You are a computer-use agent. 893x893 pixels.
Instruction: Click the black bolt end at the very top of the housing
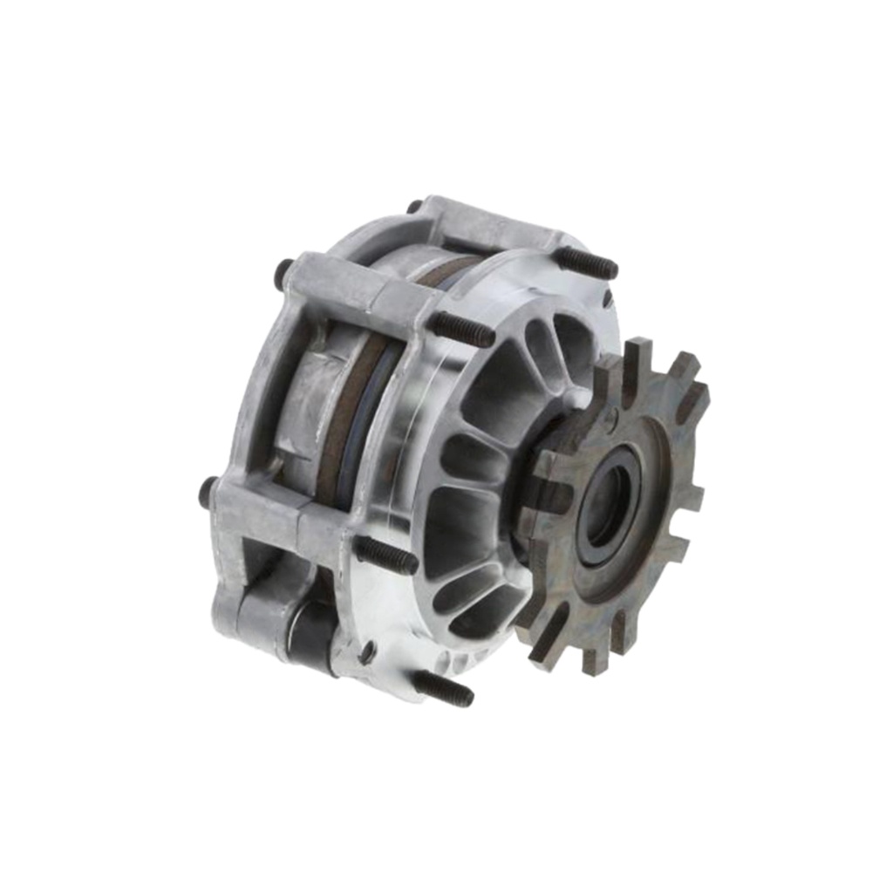pyautogui.click(x=414, y=207)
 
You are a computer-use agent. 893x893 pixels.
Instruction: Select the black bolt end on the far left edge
pyautogui.click(x=208, y=493)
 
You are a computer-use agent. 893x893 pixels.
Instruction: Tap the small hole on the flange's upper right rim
pyautogui.click(x=606, y=298)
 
